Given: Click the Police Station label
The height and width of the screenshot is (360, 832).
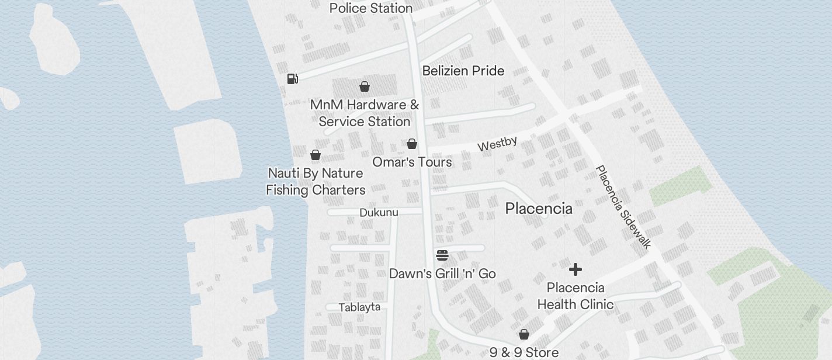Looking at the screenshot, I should pos(371,8).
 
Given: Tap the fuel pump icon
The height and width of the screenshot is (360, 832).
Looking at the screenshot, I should pos(293,78).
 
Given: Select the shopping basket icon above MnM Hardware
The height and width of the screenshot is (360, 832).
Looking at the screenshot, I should pos(365,86).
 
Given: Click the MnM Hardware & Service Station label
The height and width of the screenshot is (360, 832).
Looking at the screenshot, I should pos(365,113).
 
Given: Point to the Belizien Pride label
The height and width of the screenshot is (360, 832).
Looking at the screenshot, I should pos(463,71).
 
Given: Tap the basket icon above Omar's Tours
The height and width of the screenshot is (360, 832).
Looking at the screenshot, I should pos(412,144).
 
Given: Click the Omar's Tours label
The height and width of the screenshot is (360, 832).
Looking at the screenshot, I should pos(412,162).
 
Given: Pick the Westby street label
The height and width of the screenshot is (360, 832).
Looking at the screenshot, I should pos(497,143).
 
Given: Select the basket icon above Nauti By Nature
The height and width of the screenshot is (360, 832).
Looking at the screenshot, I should pos(316,155).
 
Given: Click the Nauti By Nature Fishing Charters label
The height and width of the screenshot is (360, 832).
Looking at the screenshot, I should pos(316,182).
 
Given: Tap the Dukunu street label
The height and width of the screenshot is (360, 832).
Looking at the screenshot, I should pos(379,212).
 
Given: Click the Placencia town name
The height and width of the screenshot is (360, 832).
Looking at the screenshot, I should pos(539,209).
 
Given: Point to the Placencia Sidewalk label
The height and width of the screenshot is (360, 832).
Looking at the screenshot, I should pos(623,207).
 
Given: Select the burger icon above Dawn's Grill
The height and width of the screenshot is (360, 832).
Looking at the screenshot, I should pos(442,255).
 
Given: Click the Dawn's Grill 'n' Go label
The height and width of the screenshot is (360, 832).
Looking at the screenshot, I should pos(442,274).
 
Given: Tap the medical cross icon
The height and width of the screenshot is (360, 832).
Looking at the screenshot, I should pos(576,269).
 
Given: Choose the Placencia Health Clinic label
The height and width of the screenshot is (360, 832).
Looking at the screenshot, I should pos(576,296).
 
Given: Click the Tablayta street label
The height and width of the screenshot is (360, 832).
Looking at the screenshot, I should pos(359,307).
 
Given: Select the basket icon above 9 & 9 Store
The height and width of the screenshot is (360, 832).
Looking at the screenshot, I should pos(524,334).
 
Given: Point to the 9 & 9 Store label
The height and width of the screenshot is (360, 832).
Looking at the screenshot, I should pos(524,352).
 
